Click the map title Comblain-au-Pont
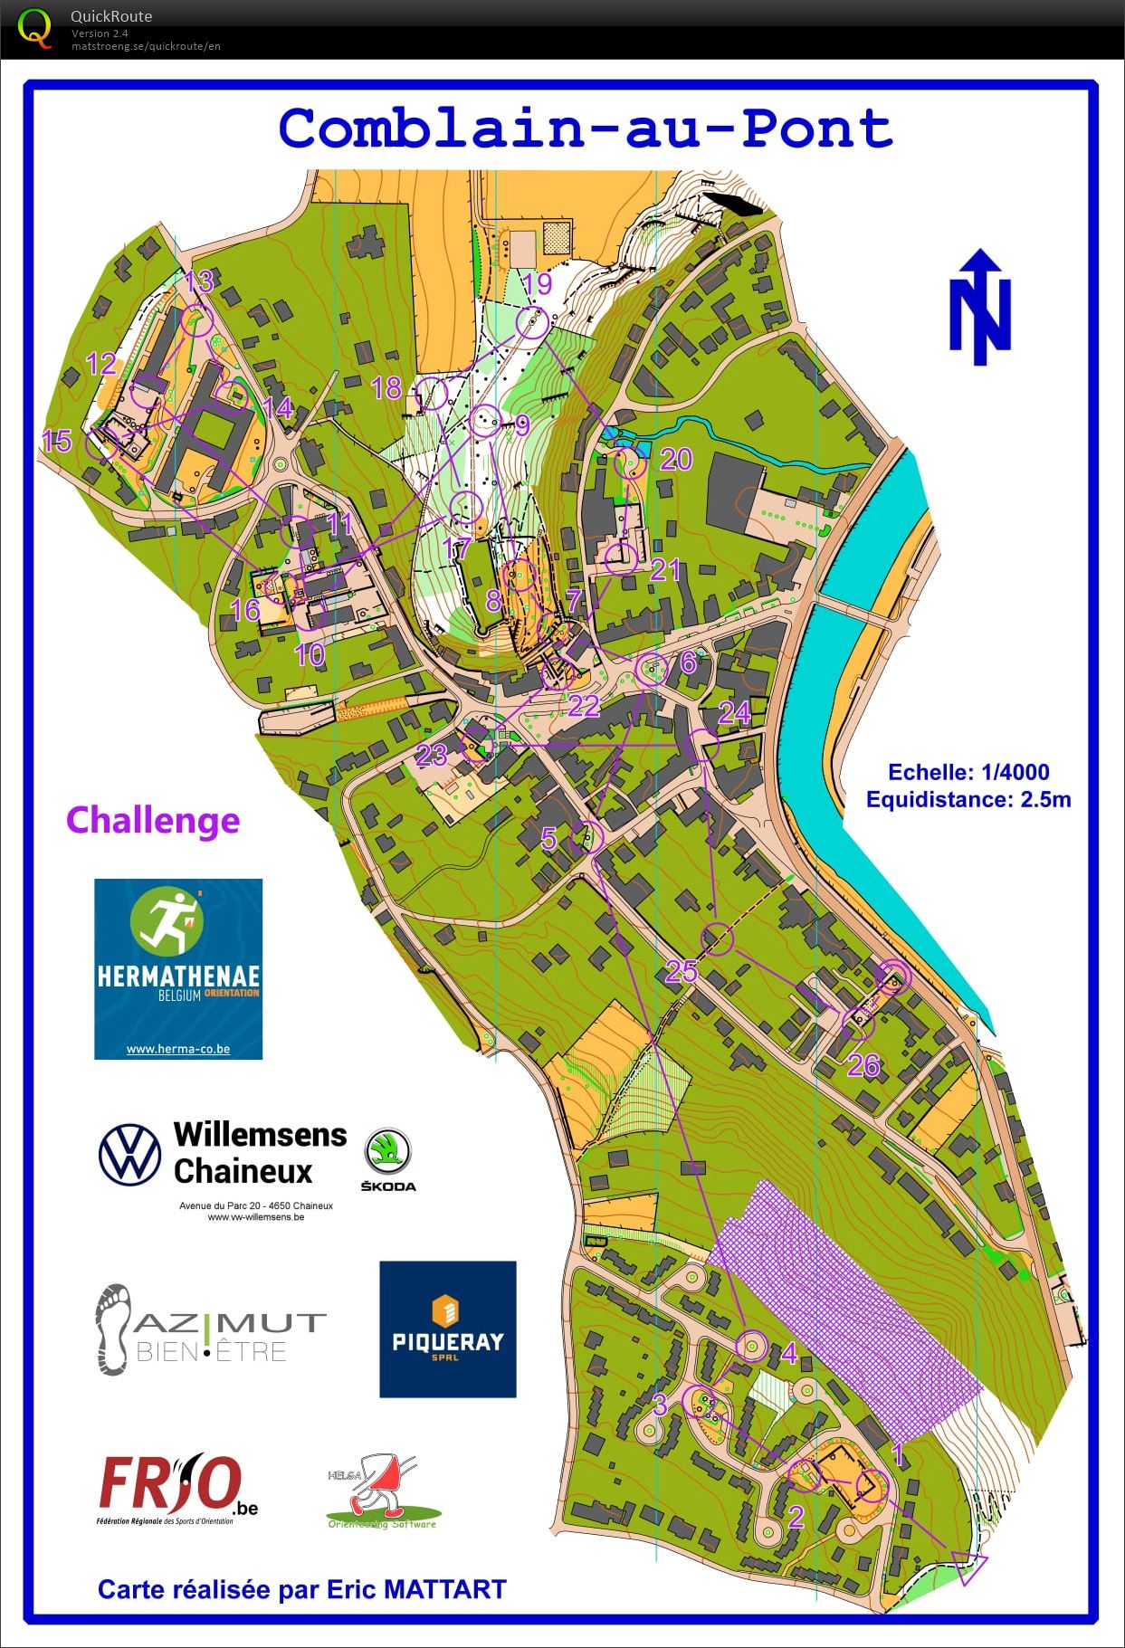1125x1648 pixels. [586, 129]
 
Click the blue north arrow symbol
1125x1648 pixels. [979, 308]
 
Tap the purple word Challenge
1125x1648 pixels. [153, 821]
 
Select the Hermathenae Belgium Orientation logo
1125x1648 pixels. [178, 968]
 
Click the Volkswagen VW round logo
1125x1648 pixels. [129, 1154]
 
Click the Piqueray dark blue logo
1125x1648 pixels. [448, 1329]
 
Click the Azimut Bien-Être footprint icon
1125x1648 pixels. [112, 1329]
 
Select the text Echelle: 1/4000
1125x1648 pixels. [968, 772]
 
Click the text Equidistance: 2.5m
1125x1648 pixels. [968, 799]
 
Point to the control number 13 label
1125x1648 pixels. [199, 281]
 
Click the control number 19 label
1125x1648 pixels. [537, 284]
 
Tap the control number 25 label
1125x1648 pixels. [682, 970]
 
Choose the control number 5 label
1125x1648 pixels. [548, 838]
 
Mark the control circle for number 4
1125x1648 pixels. [751, 1346]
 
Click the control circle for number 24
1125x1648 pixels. [703, 746]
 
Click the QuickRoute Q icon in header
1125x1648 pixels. [35, 28]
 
